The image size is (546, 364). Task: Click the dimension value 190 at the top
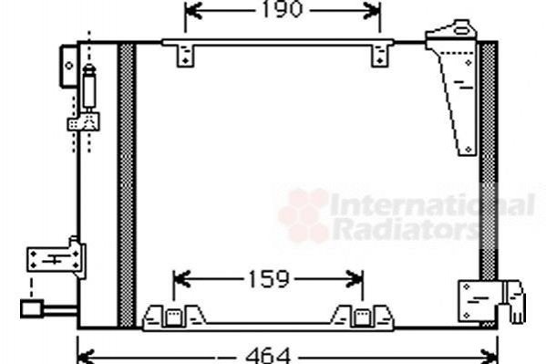[x=282, y=9]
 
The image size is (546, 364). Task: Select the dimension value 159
[x=269, y=279]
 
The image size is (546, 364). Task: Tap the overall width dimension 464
[x=268, y=356]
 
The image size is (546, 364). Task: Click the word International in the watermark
[x=432, y=204]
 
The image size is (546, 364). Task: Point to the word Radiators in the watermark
[x=406, y=228]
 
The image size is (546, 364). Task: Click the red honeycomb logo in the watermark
[x=304, y=215]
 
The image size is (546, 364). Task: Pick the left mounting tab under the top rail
[x=185, y=56]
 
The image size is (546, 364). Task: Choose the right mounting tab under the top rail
[x=380, y=56]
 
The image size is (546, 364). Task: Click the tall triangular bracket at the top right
[x=455, y=88]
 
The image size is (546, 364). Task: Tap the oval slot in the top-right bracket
[x=462, y=31]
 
